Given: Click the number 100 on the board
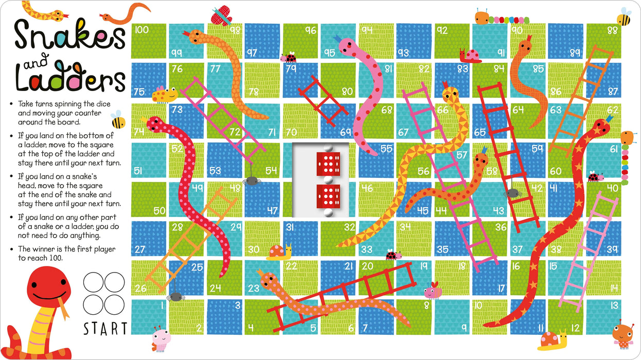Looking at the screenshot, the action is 141,30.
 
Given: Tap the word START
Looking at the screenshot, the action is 105,328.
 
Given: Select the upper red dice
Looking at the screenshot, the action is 325,163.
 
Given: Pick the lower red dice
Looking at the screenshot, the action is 325,196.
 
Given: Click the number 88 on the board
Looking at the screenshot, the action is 612,30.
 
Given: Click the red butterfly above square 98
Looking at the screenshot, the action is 222,15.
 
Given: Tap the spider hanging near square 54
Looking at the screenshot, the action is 251,181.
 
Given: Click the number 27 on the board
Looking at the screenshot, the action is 139,250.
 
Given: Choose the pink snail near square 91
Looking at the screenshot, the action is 470,55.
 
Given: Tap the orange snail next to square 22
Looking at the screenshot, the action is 280,251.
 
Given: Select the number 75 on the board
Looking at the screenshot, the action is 139,92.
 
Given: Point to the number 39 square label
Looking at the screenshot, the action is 612,249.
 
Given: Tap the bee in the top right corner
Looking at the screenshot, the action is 624,18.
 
